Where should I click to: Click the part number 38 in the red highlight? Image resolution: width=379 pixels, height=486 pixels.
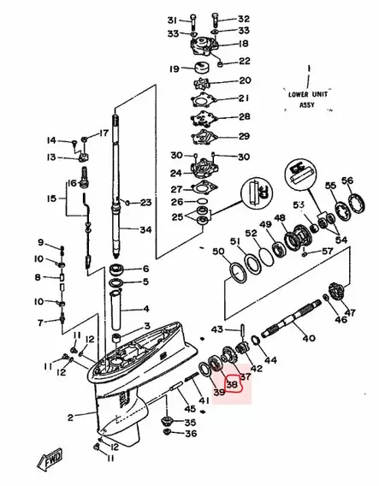231,384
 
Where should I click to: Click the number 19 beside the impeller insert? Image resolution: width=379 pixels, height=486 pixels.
174,68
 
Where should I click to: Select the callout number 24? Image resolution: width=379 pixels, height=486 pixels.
175,172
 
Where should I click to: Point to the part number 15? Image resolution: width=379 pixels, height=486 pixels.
52,199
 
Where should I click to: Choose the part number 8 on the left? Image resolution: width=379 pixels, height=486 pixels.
38,277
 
